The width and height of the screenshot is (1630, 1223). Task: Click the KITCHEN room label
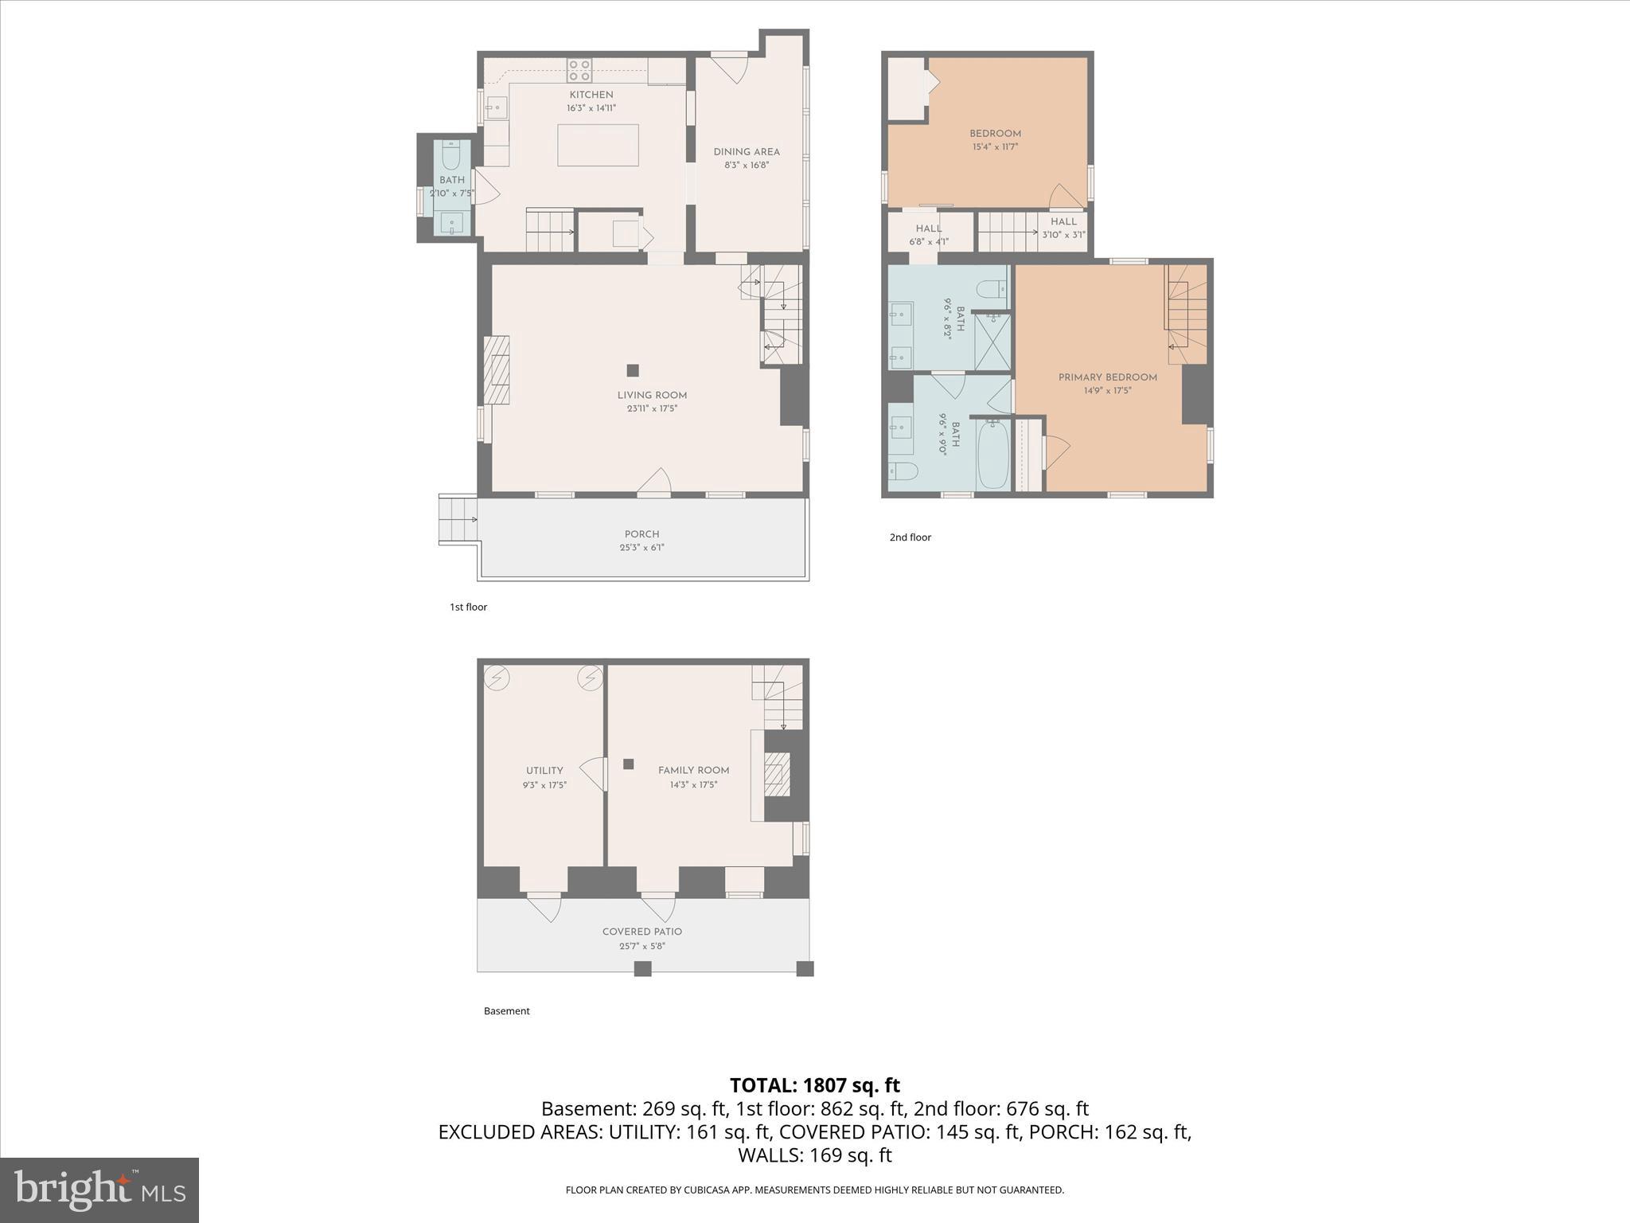(x=591, y=95)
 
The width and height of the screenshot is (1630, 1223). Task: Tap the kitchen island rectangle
(x=598, y=145)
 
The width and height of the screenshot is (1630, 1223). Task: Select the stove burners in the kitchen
(x=579, y=70)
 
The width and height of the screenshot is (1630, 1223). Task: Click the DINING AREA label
(x=746, y=152)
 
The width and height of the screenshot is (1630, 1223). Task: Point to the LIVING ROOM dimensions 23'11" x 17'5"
(x=651, y=408)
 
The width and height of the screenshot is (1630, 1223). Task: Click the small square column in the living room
(x=633, y=370)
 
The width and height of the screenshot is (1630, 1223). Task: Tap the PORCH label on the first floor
(x=641, y=534)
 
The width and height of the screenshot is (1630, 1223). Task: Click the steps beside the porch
(x=457, y=520)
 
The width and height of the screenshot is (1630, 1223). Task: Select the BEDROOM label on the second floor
(x=995, y=134)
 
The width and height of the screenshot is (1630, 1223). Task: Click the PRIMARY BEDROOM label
(x=1107, y=377)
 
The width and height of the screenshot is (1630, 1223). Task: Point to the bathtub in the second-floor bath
(x=992, y=454)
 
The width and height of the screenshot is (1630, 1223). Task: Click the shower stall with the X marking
(x=992, y=342)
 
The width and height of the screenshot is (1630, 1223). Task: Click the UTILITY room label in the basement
(x=544, y=771)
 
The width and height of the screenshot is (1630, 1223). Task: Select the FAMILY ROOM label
(x=693, y=771)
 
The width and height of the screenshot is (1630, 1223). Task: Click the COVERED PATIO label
(x=641, y=932)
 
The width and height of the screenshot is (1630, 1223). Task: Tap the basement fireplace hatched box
(x=778, y=774)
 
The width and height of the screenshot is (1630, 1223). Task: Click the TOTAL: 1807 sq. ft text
(x=814, y=1085)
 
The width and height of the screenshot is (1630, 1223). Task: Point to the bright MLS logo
(x=99, y=1190)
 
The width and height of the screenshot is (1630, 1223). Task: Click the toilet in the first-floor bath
(x=451, y=156)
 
